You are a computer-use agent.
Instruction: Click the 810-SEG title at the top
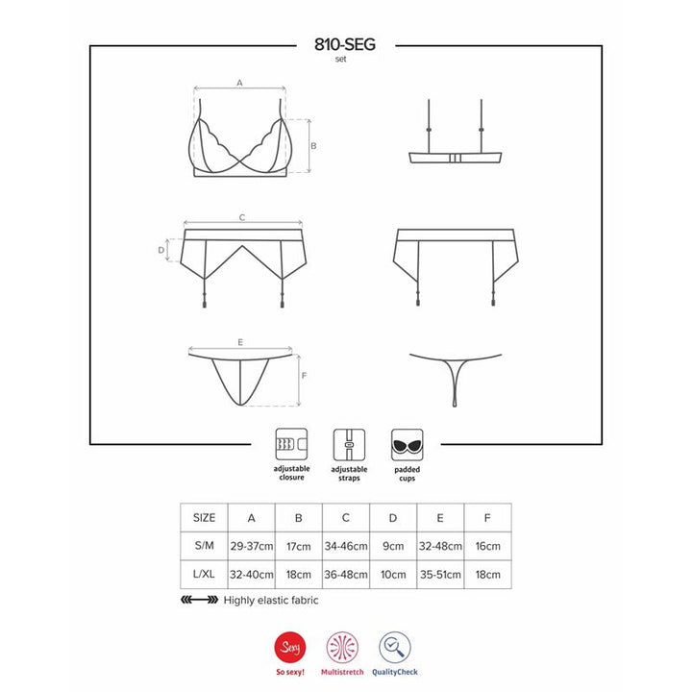345,44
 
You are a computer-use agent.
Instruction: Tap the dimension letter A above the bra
239,84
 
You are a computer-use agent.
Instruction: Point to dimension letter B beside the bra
314,146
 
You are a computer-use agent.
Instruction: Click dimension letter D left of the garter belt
161,250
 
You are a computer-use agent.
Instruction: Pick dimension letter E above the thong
239,342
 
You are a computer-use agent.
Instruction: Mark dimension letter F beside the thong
304,376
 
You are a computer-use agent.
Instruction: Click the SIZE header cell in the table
205,516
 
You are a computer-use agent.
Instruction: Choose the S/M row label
205,546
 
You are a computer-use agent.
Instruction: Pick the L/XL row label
205,574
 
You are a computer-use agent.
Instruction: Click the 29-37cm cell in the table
251,546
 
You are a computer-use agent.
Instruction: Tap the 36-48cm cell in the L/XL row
346,574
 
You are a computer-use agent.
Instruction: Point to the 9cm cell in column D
393,546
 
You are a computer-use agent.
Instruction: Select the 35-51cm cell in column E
440,574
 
